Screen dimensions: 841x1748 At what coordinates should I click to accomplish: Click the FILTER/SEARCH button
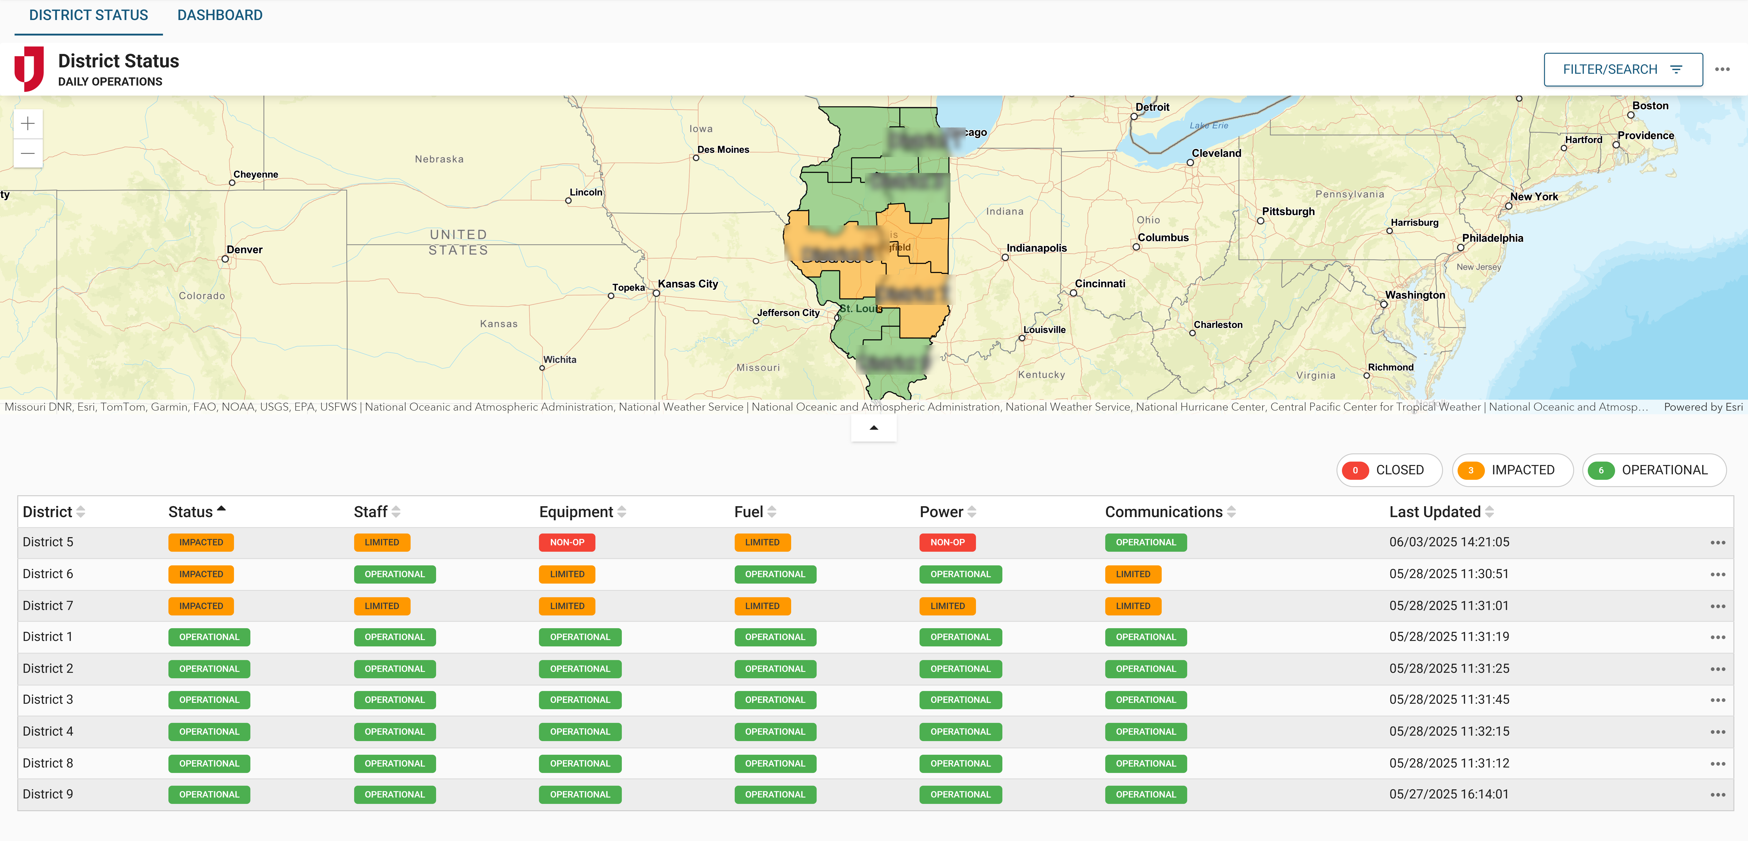point(1622,69)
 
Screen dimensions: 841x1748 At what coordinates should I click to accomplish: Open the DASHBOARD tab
point(220,15)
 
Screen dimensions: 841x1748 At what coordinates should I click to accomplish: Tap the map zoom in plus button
point(28,124)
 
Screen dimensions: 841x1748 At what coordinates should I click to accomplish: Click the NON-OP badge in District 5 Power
point(947,542)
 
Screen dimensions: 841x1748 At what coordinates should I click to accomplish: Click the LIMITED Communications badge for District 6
point(1133,574)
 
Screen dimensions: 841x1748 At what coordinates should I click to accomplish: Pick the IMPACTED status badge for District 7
point(201,606)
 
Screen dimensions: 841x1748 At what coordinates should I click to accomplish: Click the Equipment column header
point(576,512)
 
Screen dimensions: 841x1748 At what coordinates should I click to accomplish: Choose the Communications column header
point(1164,512)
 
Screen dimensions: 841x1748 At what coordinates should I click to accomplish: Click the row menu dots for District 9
point(1718,795)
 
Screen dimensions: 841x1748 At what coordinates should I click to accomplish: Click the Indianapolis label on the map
point(1036,248)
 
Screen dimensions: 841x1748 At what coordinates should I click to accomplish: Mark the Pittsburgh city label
point(1288,211)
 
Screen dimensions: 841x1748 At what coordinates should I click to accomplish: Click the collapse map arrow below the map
point(873,428)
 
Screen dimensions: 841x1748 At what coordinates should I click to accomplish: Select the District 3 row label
point(48,700)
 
